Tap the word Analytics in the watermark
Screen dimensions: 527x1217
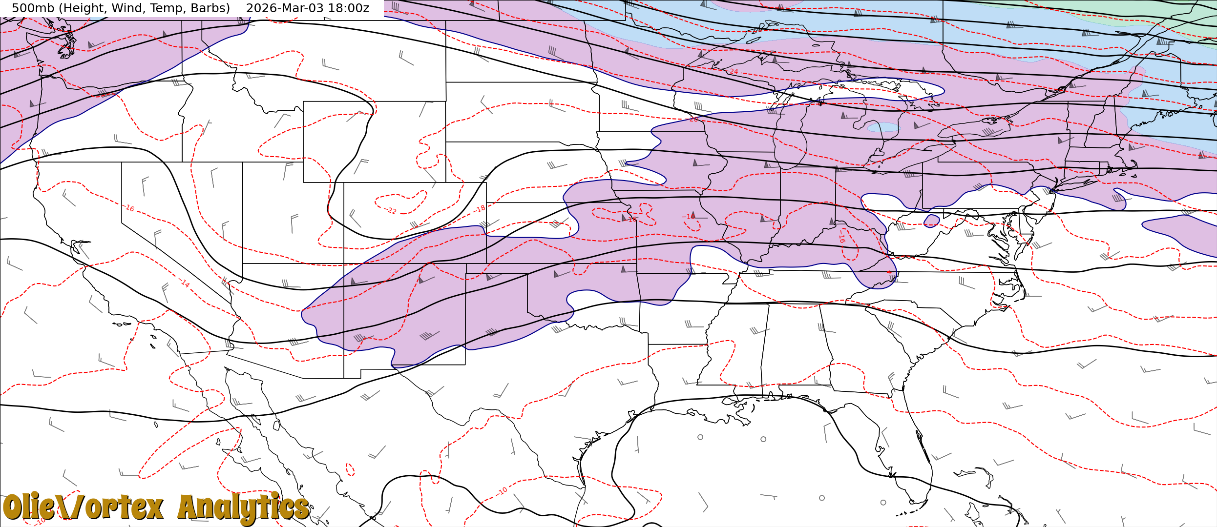[243, 507]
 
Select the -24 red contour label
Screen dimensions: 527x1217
[733, 72]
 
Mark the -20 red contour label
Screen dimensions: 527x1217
[693, 120]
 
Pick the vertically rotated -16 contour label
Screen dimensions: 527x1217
[841, 239]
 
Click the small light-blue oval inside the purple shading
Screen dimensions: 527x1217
[883, 127]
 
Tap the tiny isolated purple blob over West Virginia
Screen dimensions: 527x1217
[931, 221]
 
